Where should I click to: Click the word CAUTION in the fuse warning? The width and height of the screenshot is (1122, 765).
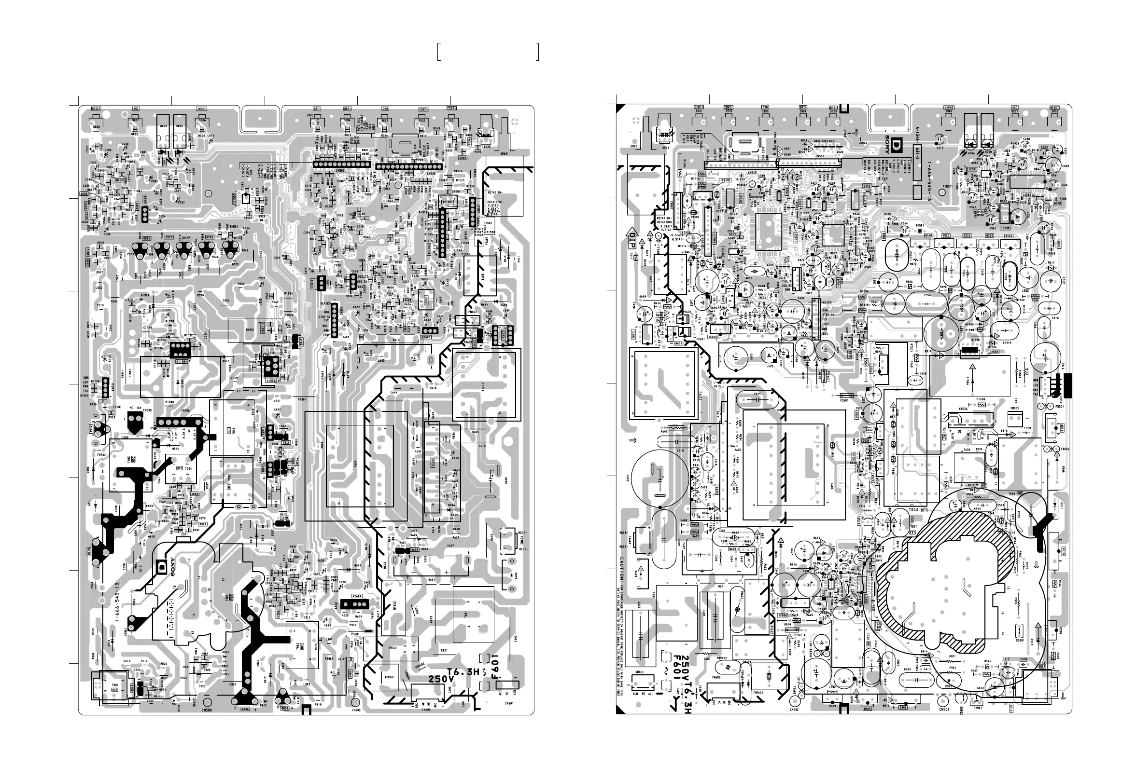point(623,569)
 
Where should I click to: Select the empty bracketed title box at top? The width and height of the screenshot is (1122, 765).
point(488,52)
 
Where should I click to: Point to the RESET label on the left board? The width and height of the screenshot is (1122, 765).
point(96,109)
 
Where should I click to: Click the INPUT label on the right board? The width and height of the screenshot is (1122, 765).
point(949,108)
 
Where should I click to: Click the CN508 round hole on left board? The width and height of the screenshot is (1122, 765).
point(207,703)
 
